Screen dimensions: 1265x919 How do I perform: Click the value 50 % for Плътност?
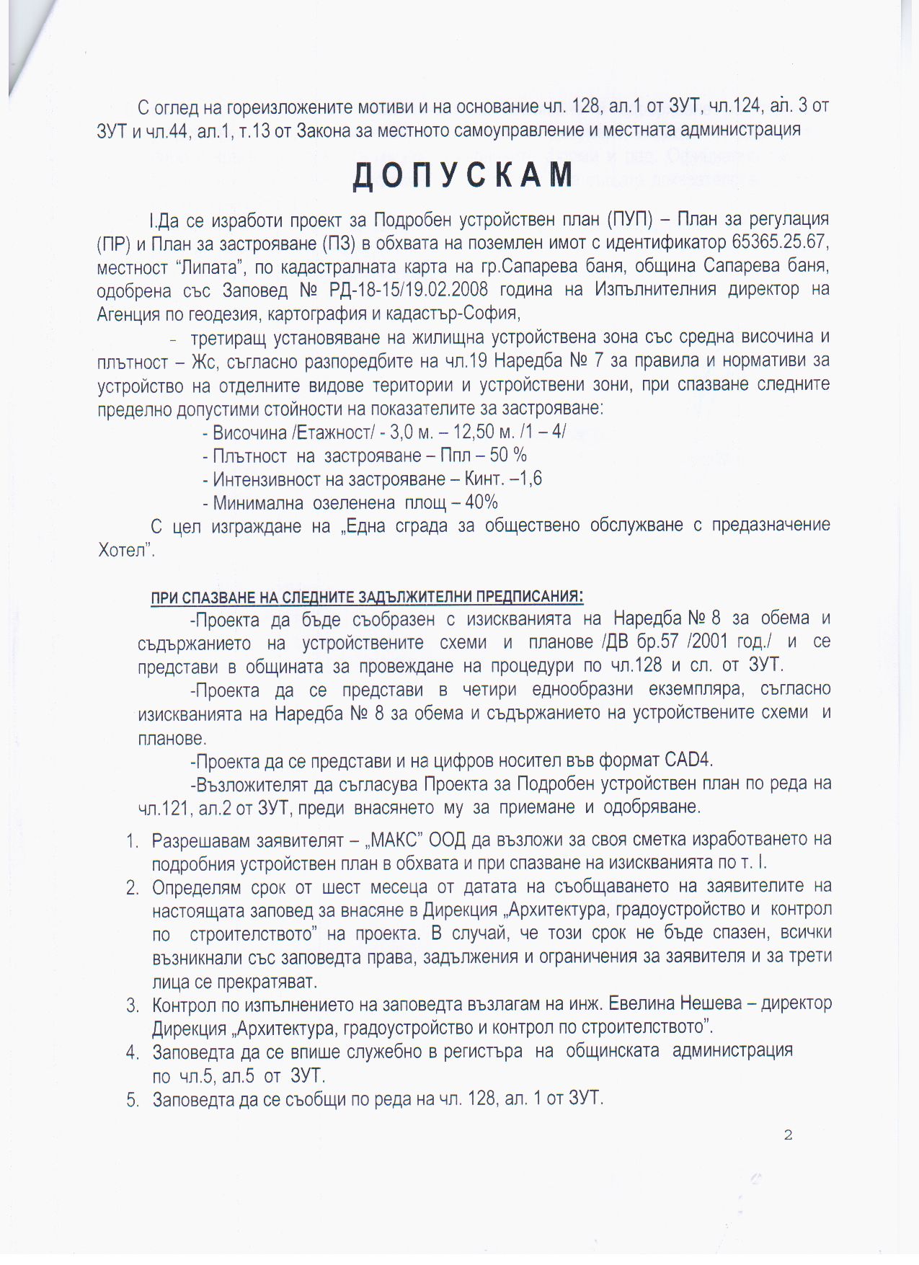tap(509, 456)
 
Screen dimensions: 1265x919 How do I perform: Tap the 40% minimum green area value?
tap(481, 502)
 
